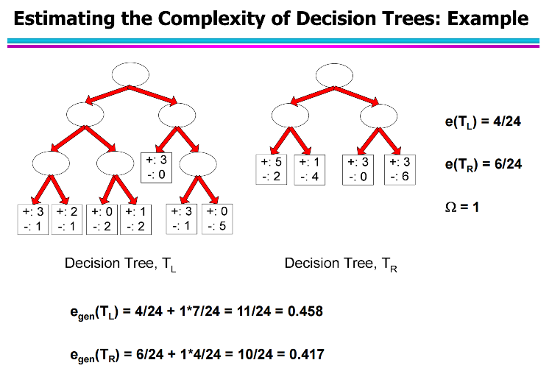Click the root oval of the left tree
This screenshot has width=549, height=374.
[130, 75]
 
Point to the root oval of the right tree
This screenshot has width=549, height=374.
[335, 75]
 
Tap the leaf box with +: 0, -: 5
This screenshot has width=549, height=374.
[217, 219]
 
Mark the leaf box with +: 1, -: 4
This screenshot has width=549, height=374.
[309, 169]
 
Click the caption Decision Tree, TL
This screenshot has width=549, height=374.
[121, 264]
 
